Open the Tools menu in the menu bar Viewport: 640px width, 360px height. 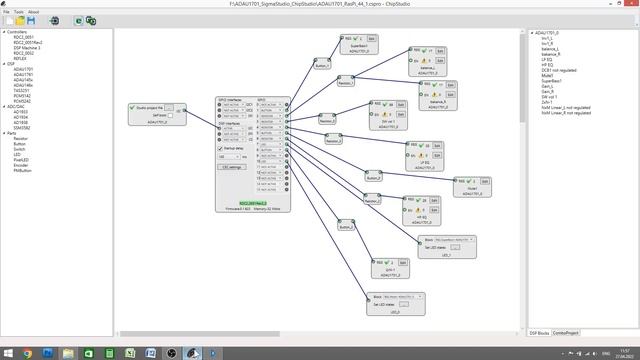[19, 12]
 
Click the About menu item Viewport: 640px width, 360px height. [34, 12]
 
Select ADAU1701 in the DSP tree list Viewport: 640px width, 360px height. [23, 69]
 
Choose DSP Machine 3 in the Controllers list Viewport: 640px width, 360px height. [27, 48]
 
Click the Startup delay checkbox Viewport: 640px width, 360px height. [220, 149]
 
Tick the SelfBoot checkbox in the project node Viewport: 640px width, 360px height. [170, 115]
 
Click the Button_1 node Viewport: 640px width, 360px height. [321, 65]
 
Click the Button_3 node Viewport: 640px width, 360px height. [346, 227]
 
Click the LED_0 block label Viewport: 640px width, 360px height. [395, 312]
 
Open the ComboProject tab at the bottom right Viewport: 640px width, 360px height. [566, 332]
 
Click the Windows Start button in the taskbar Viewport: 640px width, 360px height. [8, 353]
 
